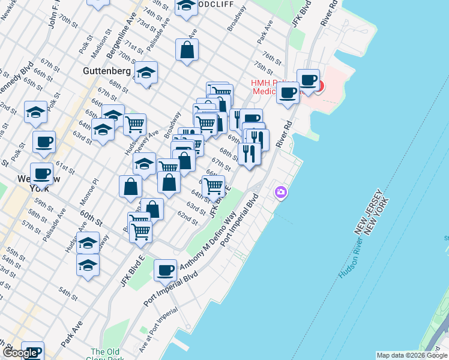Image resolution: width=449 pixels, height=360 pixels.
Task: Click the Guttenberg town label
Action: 107,71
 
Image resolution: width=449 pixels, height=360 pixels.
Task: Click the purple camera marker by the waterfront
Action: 280,193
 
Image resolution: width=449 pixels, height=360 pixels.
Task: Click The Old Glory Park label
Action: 106,355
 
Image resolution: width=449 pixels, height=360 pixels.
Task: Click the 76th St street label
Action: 272,59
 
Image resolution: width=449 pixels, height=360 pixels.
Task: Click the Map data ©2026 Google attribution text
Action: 411,355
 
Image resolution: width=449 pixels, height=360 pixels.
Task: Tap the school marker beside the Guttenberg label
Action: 146,73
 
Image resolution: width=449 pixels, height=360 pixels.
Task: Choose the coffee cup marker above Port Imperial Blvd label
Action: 165,270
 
